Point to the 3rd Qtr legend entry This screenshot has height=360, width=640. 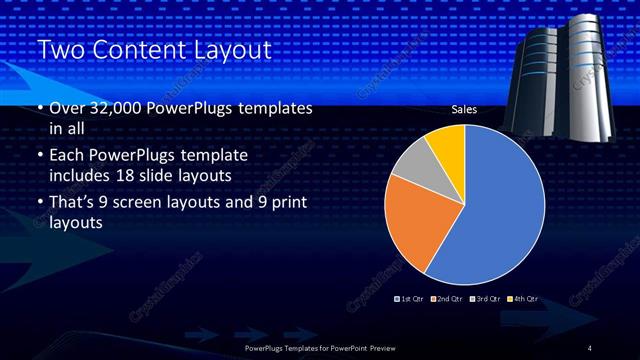486,299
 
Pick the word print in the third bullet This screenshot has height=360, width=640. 285,203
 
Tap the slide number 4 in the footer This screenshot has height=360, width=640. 590,347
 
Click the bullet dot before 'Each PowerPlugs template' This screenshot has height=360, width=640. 39,157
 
